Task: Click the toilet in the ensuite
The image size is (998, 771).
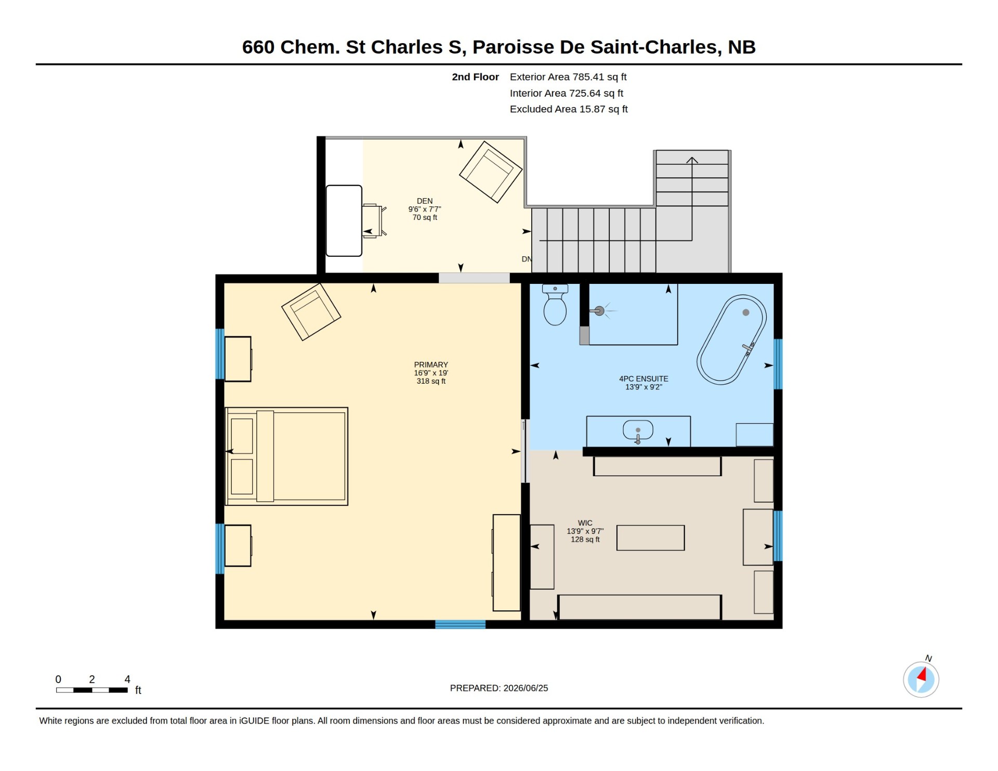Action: (x=555, y=305)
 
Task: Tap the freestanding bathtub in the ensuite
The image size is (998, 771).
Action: (x=731, y=340)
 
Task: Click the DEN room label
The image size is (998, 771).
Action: (x=425, y=201)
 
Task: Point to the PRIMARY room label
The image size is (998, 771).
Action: (x=431, y=365)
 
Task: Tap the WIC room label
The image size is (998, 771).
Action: (x=585, y=523)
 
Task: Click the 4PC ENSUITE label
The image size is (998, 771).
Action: (x=644, y=379)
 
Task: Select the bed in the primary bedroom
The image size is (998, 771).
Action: (x=286, y=456)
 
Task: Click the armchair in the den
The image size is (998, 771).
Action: (x=491, y=172)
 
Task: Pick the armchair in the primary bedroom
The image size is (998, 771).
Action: (x=311, y=312)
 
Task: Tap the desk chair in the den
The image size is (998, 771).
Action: (x=374, y=221)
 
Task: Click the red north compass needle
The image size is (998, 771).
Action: (x=922, y=675)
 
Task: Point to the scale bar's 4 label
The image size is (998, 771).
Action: (x=127, y=679)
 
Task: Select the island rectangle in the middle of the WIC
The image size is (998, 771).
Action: (x=650, y=538)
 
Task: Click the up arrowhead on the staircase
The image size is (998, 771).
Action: (x=692, y=160)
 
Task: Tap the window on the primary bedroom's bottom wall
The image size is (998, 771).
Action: (x=460, y=624)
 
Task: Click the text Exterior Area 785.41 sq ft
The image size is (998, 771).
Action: (x=568, y=77)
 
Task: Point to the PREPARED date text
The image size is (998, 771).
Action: (x=499, y=688)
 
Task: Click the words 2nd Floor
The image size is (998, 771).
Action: (x=475, y=77)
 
